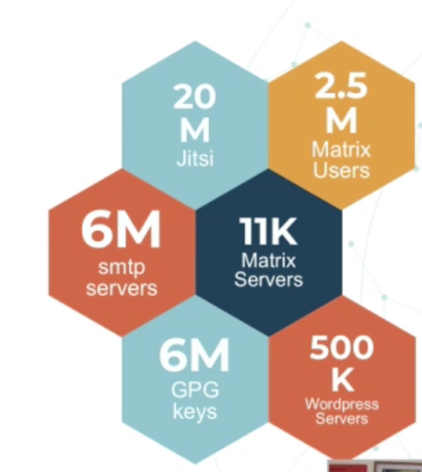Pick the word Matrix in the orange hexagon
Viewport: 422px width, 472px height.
pos(341,149)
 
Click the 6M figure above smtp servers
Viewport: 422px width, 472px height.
pos(121,233)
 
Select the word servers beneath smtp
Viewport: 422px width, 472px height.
pos(121,287)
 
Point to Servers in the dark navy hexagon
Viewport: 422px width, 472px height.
pos(268,280)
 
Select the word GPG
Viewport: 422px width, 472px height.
pos(194,390)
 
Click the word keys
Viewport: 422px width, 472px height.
pos(194,411)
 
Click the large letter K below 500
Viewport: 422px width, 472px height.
pos(341,380)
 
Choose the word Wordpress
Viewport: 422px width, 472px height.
pos(341,404)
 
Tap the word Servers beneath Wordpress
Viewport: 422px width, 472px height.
pos(341,418)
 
